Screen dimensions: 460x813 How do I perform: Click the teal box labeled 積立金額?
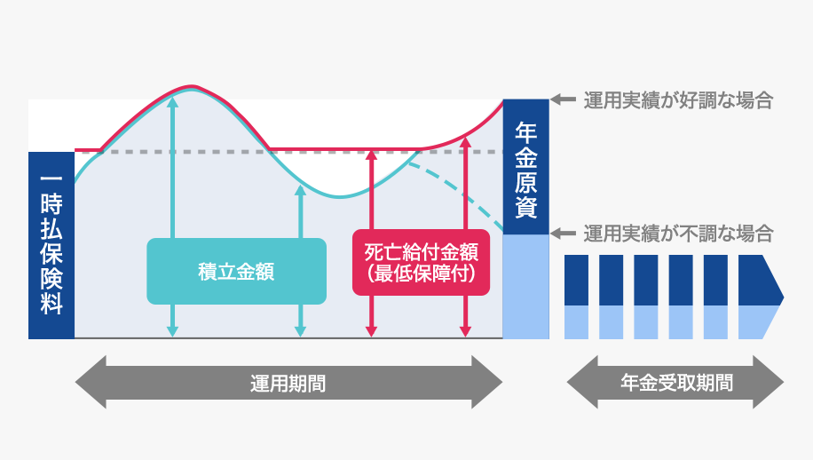(x=236, y=272)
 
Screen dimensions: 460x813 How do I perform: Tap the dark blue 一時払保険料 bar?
(x=51, y=245)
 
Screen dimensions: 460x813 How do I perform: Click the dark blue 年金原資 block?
(x=525, y=169)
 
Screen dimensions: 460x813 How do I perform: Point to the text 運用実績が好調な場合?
(x=678, y=99)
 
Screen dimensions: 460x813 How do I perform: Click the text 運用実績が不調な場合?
(x=678, y=234)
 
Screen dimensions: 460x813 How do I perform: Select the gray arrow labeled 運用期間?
(x=288, y=383)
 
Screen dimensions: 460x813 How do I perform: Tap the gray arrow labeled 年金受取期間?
(x=675, y=383)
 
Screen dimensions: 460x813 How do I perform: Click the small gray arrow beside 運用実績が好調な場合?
(x=563, y=99)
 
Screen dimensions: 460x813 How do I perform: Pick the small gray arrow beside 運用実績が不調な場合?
(x=563, y=234)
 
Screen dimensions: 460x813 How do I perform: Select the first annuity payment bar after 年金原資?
(x=577, y=296)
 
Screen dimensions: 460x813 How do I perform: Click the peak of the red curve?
(x=193, y=86)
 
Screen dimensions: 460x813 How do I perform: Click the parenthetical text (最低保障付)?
(x=422, y=274)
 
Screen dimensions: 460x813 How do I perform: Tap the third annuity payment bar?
(x=646, y=296)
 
